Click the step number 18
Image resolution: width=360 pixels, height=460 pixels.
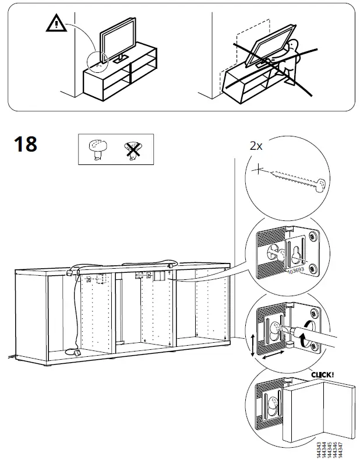(x=24, y=143)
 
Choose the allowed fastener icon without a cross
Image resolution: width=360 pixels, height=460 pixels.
(x=97, y=149)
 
